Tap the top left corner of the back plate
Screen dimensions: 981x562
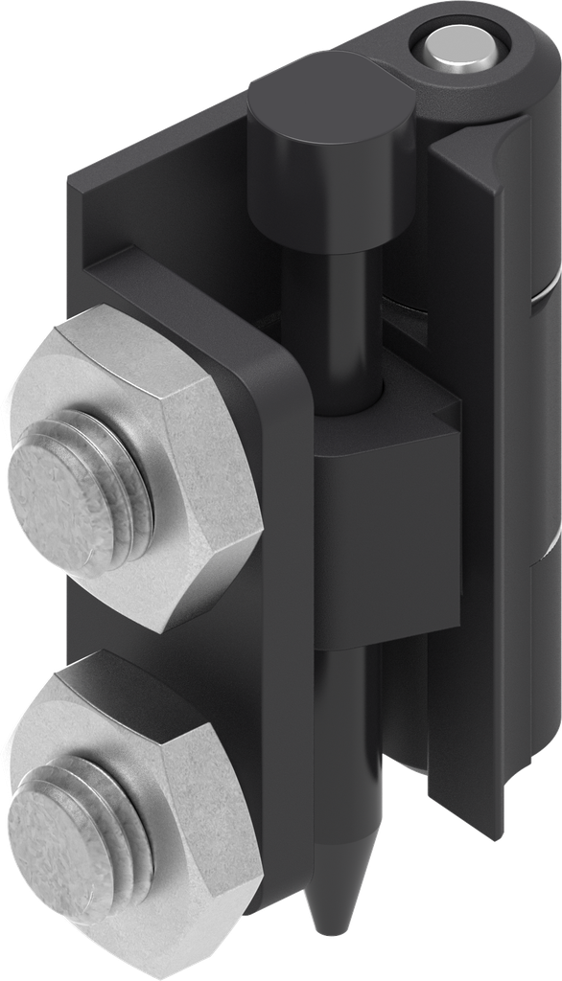tap(77, 182)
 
